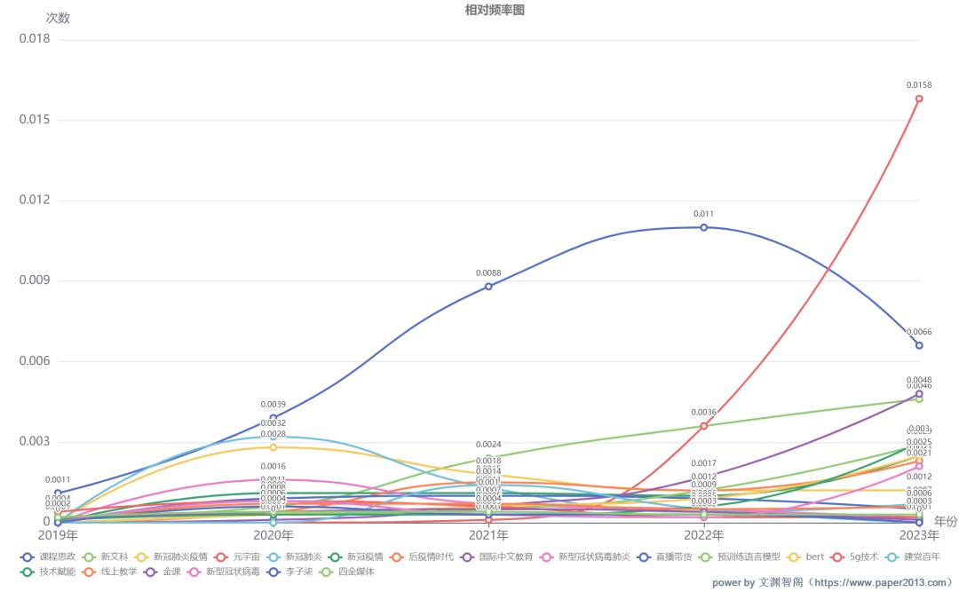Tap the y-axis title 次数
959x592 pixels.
tap(58, 18)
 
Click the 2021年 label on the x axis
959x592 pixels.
tap(488, 536)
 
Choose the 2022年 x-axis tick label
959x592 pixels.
tap(704, 536)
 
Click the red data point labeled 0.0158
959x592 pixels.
tap(919, 99)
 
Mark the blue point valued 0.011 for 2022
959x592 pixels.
tap(704, 227)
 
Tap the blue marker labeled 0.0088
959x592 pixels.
tap(488, 286)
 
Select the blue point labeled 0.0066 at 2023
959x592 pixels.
tap(919, 345)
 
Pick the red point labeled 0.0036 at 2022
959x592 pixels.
tap(704, 426)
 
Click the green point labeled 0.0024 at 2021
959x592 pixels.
tap(488, 458)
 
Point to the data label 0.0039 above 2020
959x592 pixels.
tap(273, 405)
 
